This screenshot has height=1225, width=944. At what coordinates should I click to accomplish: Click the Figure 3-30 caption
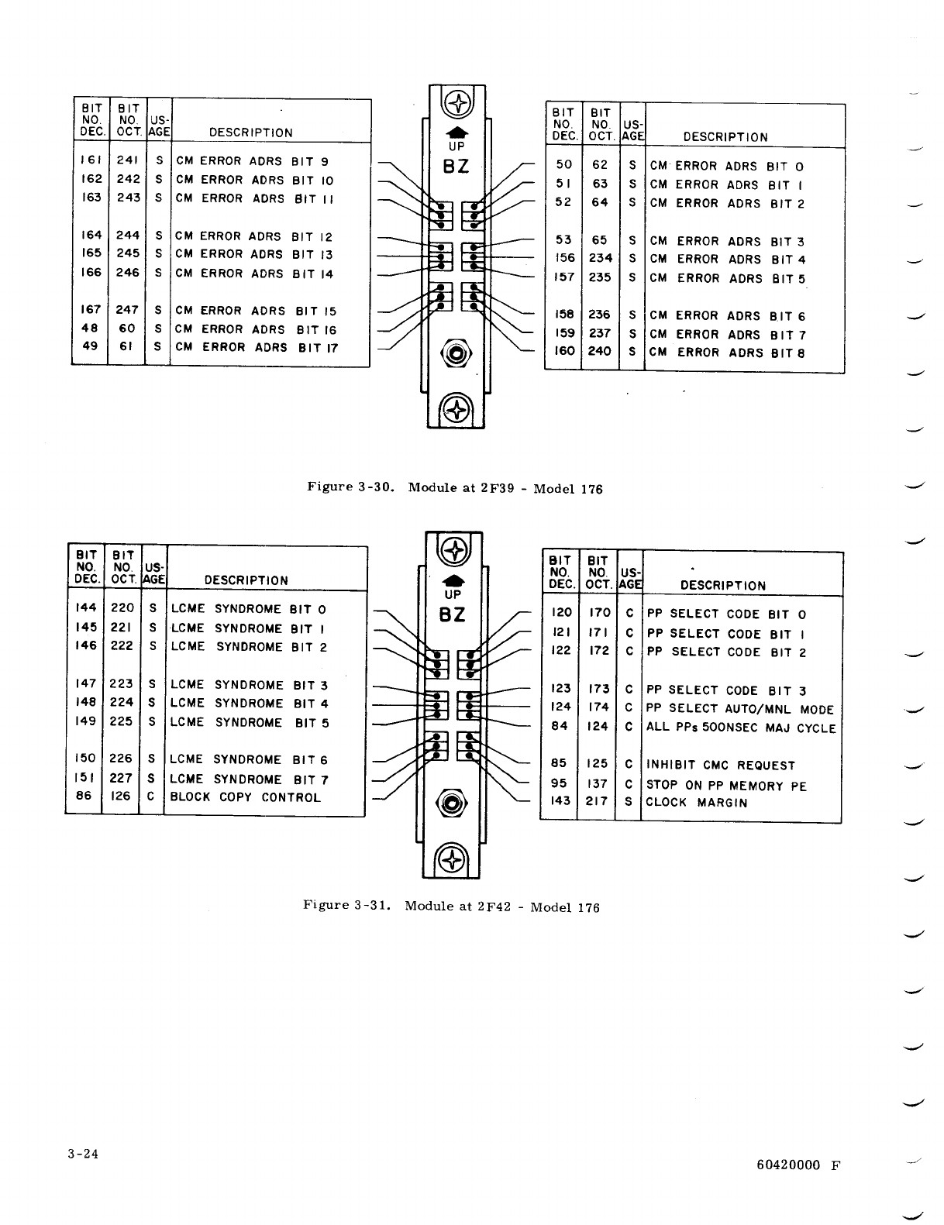(454, 488)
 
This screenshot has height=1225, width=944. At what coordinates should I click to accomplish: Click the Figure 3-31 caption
(451, 906)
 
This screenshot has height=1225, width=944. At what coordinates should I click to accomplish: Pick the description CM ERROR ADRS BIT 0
(727, 167)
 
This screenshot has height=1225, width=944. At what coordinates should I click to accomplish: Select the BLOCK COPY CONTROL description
(245, 797)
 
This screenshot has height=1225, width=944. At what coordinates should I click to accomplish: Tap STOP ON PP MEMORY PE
(726, 786)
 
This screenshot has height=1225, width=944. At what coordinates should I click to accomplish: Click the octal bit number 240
(600, 351)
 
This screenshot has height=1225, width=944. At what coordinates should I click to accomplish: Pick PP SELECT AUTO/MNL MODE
(740, 709)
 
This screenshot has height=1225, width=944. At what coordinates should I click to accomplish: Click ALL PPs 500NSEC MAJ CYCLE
(741, 728)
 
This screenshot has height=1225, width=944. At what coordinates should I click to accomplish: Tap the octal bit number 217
(597, 802)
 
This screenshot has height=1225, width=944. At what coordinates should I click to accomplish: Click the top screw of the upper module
(458, 104)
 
